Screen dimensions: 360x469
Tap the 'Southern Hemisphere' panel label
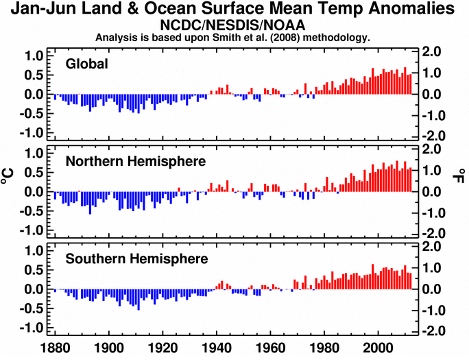[x=132, y=259]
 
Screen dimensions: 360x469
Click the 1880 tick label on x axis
[x=54, y=348]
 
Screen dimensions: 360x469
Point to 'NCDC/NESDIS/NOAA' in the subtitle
[x=233, y=25]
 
